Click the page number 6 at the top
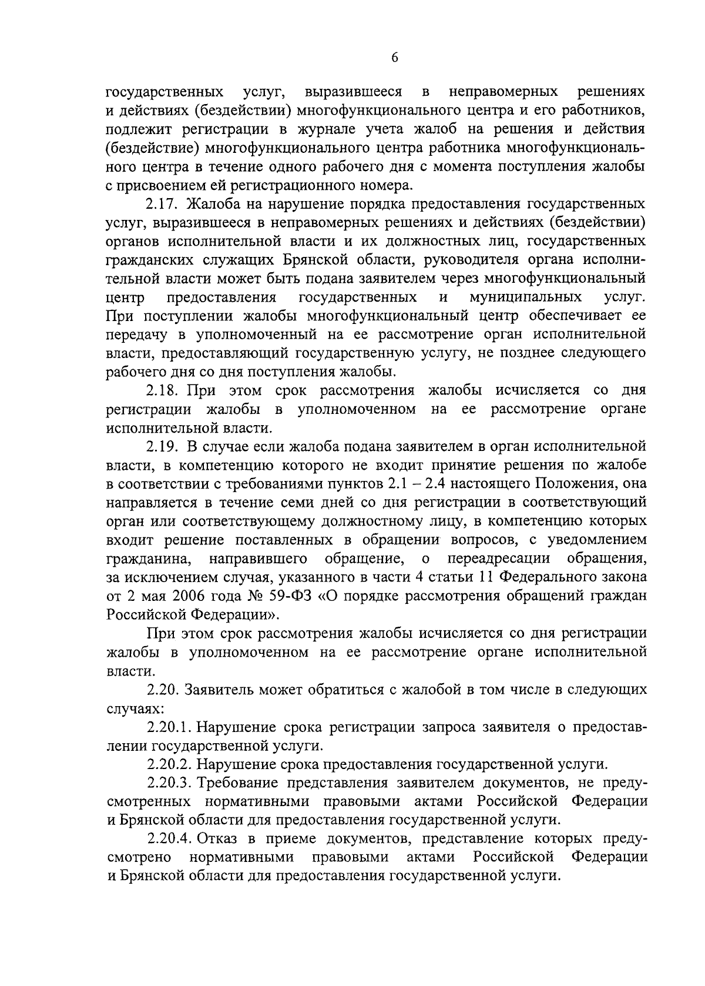(x=394, y=57)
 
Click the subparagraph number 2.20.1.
(x=169, y=727)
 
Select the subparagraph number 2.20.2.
(x=169, y=764)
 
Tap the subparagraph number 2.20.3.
(x=169, y=783)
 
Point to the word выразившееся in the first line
(x=354, y=92)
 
